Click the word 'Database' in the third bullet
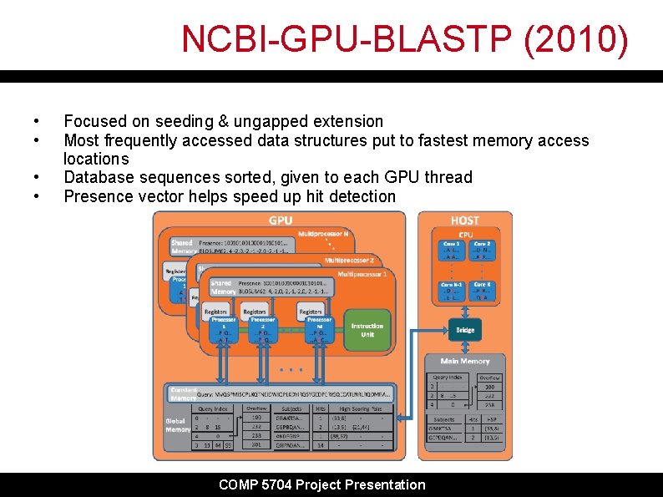(x=99, y=177)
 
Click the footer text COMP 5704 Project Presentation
(x=321, y=484)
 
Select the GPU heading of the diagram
(x=281, y=221)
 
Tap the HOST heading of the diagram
(x=464, y=220)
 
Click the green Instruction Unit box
(x=367, y=330)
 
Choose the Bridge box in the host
(x=465, y=330)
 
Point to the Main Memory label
(x=465, y=361)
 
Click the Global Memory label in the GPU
(x=178, y=424)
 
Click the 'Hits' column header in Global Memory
(x=320, y=408)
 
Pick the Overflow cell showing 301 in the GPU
(x=257, y=444)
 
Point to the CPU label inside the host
(x=465, y=235)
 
